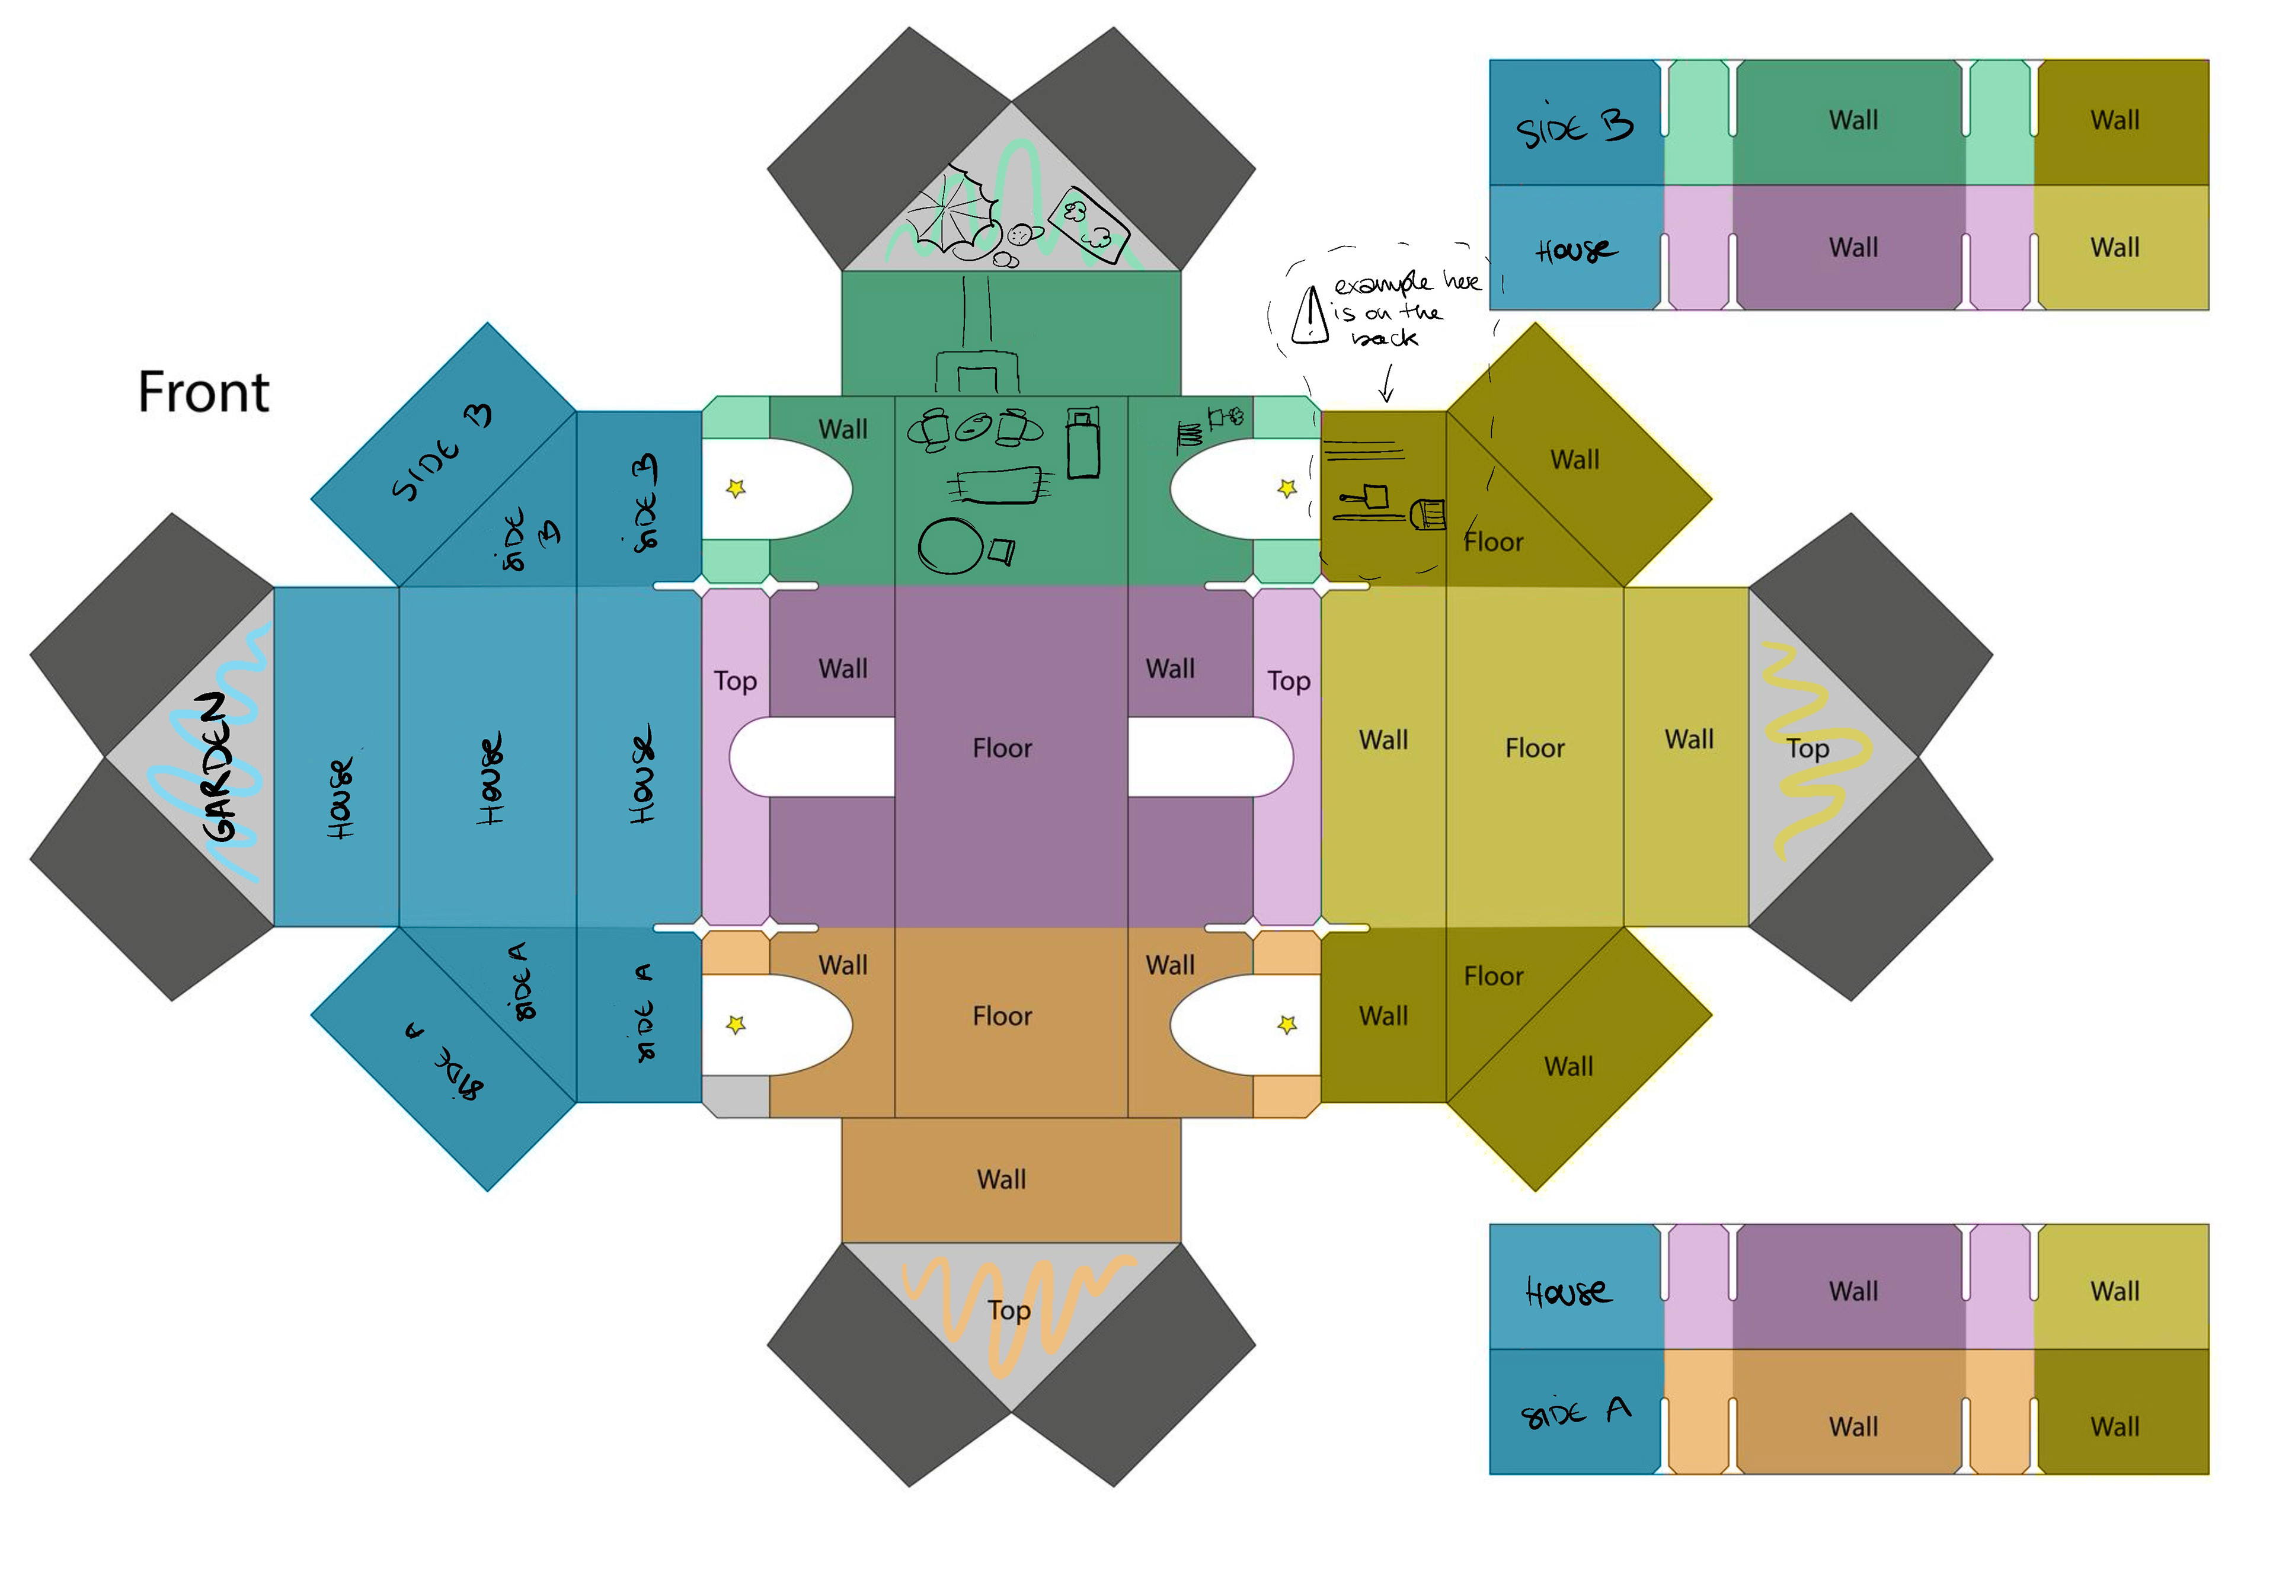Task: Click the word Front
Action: pyautogui.click(x=203, y=392)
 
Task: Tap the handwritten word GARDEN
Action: pyautogui.click(x=220, y=768)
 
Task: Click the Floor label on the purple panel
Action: pyautogui.click(x=1002, y=748)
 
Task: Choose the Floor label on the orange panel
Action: pyautogui.click(x=1002, y=1016)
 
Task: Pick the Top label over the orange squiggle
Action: pyautogui.click(x=1009, y=1310)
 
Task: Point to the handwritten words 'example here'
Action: pyautogui.click(x=1406, y=283)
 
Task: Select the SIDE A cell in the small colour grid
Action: pyautogui.click(x=1574, y=1412)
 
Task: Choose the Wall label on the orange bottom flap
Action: pyautogui.click(x=1001, y=1180)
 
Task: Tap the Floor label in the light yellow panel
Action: pyautogui.click(x=1535, y=748)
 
